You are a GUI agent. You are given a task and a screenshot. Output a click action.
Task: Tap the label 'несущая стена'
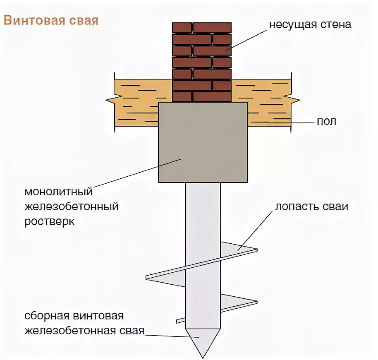tap(310, 24)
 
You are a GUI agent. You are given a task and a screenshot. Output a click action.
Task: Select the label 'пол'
tap(326, 121)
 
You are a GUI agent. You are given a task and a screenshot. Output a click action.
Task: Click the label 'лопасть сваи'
tap(311, 206)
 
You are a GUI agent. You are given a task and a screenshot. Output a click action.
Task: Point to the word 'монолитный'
tap(58, 192)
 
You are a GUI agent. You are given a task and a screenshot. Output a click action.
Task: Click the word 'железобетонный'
tap(72, 206)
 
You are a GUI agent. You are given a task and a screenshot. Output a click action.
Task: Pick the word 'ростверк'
tap(50, 221)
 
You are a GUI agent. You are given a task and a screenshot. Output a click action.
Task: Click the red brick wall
tap(201, 62)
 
